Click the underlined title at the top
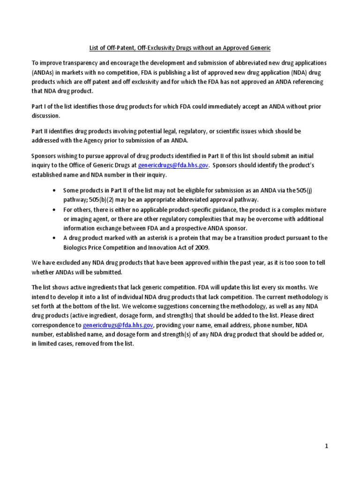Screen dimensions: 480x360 (x=180, y=48)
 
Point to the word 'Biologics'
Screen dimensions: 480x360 (x=77, y=247)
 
